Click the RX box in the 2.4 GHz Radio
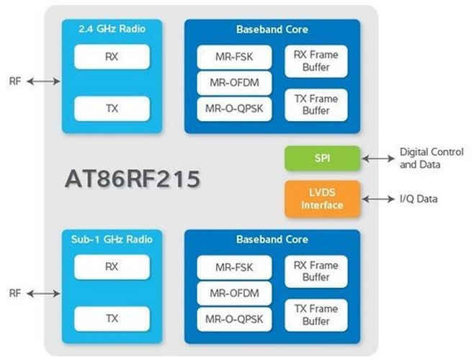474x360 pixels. click(112, 56)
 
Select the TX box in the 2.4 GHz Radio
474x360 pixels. click(112, 108)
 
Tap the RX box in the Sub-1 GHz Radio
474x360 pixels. click(112, 266)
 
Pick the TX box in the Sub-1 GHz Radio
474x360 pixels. click(112, 318)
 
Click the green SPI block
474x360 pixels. click(322, 158)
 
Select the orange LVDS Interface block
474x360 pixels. click(322, 199)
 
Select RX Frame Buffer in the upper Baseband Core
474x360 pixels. click(316, 61)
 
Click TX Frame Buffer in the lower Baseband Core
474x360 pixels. click(316, 314)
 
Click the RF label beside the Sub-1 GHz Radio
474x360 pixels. click(15, 293)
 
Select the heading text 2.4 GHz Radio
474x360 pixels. click(111, 30)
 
